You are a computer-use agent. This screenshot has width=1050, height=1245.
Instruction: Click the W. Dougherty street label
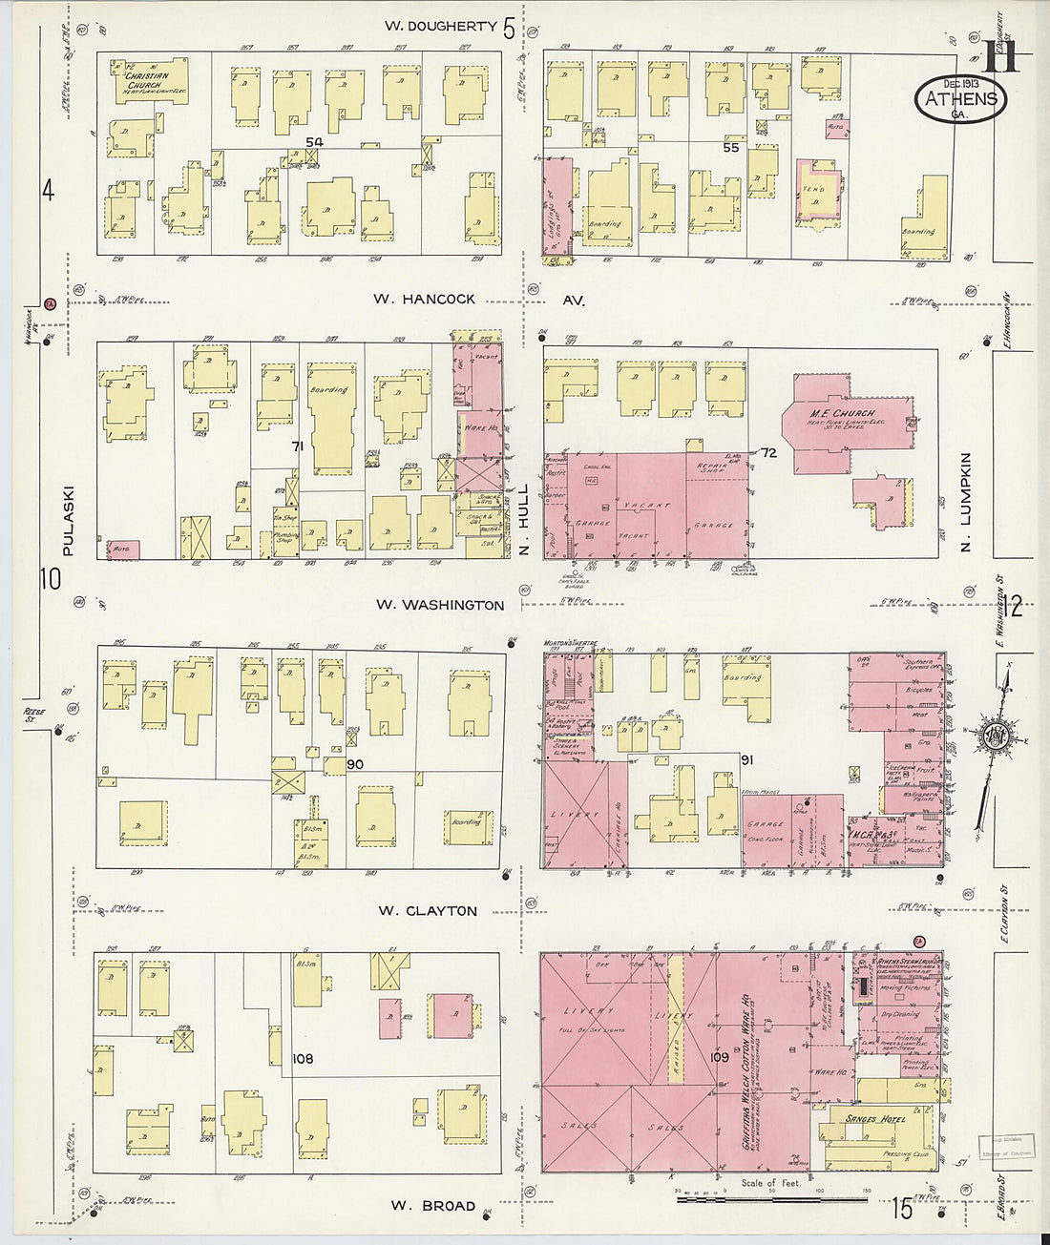point(440,26)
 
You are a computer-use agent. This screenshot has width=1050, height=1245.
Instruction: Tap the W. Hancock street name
point(424,299)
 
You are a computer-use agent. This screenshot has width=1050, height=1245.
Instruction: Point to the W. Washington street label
point(439,604)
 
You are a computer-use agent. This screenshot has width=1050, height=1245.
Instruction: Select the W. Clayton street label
point(427,910)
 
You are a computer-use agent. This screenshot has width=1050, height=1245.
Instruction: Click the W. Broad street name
point(432,1205)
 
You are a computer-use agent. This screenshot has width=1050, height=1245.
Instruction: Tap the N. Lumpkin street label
point(965,502)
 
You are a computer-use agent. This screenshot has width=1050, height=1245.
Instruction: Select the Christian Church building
point(147,81)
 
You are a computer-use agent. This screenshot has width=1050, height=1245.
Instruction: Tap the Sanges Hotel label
point(874,1118)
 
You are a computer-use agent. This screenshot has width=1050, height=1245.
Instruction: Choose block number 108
point(303,1058)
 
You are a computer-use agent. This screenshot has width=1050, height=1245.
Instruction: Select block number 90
point(355,764)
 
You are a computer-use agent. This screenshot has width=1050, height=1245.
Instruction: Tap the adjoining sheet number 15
point(901,1209)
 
